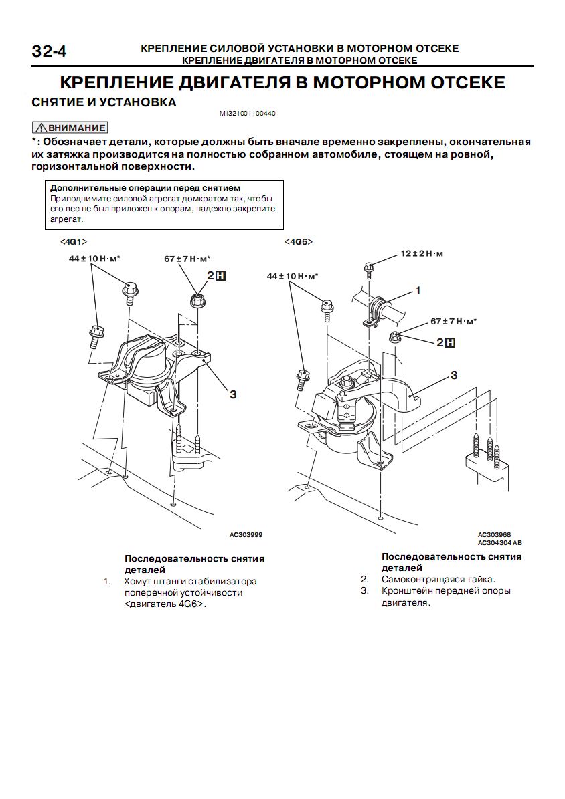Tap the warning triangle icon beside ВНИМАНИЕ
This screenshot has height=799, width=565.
41,128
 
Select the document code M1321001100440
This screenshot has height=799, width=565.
248,114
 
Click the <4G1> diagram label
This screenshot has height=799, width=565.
74,241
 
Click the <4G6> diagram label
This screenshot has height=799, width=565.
299,241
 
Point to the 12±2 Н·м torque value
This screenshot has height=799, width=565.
422,254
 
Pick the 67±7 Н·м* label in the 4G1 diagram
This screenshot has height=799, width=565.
187,259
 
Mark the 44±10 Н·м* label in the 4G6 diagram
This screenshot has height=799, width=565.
293,276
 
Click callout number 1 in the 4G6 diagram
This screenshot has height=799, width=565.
418,291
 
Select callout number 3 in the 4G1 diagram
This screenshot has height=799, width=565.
233,394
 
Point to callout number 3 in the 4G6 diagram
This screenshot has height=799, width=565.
454,375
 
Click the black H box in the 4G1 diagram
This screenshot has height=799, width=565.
220,275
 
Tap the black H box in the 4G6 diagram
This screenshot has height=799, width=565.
451,342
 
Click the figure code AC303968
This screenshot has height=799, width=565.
494,535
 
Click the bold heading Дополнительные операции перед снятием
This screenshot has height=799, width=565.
145,188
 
